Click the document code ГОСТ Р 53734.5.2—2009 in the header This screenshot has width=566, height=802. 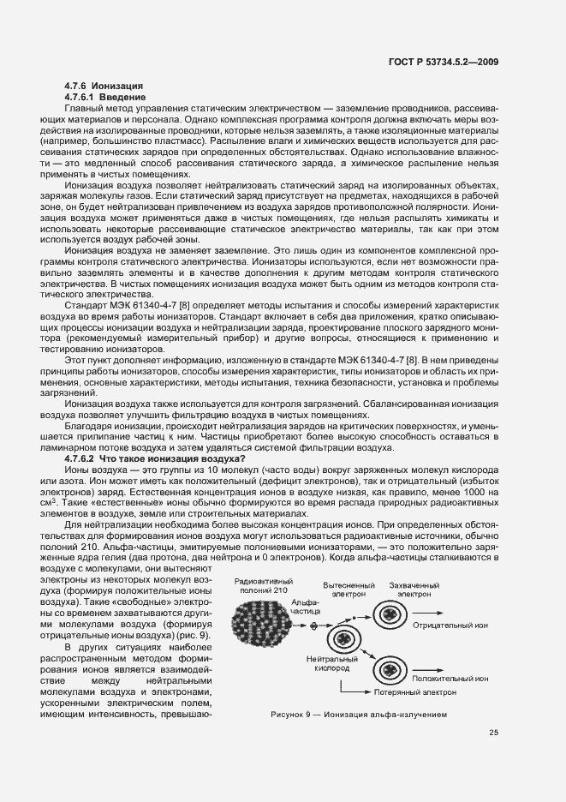pyautogui.click(x=445, y=62)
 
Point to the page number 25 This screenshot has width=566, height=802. pyautogui.click(x=494, y=732)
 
